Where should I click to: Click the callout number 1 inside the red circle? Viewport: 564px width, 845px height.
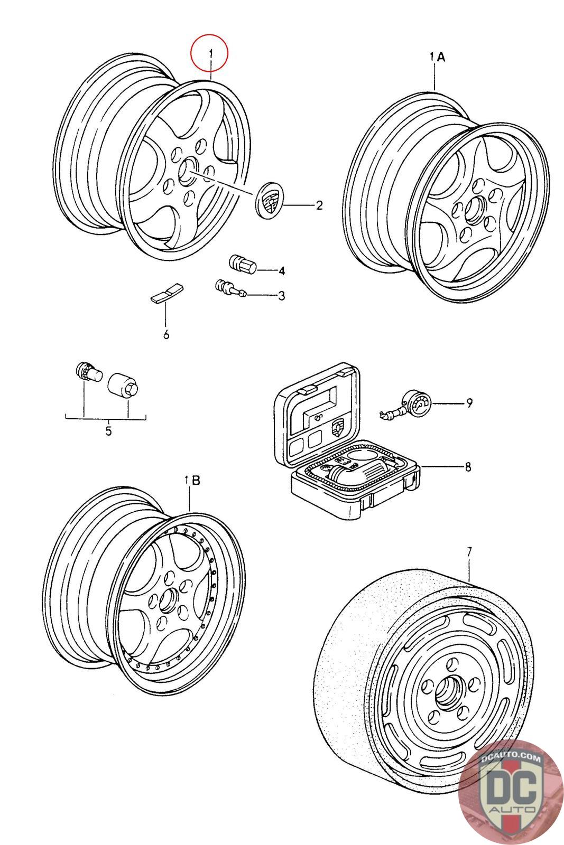pyautogui.click(x=210, y=53)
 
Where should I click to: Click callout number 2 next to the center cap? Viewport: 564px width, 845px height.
pyautogui.click(x=319, y=205)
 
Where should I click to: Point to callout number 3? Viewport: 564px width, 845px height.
pyautogui.click(x=282, y=296)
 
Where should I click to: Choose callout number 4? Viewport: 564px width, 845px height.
pyautogui.click(x=282, y=271)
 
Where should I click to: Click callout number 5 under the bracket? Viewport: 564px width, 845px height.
pyautogui.click(x=108, y=431)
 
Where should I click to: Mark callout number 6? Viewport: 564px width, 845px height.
pyautogui.click(x=166, y=334)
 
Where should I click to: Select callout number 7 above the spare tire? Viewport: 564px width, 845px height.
pyautogui.click(x=469, y=551)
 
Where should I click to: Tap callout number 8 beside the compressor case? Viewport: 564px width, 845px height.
pyautogui.click(x=468, y=467)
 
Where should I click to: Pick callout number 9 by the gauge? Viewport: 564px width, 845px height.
pyautogui.click(x=469, y=403)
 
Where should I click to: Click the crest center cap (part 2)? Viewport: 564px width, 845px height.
pyautogui.click(x=269, y=200)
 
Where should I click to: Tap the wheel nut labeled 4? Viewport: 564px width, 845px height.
pyautogui.click(x=242, y=264)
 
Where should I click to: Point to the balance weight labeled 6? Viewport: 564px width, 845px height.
pyautogui.click(x=165, y=294)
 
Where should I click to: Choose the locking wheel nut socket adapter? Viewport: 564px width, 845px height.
pyautogui.click(x=123, y=383)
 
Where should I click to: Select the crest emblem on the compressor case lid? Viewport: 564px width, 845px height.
pyautogui.click(x=337, y=430)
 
